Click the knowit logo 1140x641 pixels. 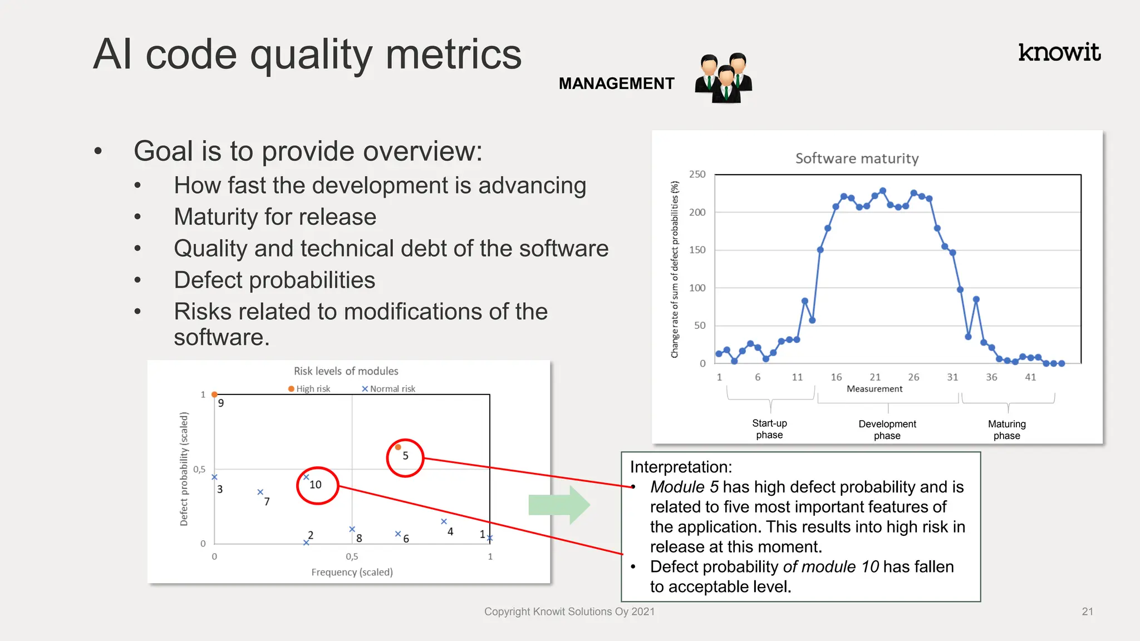[x=1059, y=52]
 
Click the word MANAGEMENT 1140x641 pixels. [x=616, y=83]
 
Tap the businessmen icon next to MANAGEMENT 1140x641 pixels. [x=724, y=78]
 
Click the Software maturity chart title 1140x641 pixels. [x=857, y=159]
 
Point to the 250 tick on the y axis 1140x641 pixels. [x=697, y=174]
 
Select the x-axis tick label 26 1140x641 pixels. [x=913, y=377]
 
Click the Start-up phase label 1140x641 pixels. [x=769, y=429]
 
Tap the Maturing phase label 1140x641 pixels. [x=1006, y=430]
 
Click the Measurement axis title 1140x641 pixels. [x=874, y=389]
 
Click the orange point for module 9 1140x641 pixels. [x=214, y=395]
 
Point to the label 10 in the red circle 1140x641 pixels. [x=316, y=485]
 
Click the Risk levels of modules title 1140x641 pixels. [x=346, y=371]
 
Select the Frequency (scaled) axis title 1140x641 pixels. [x=352, y=572]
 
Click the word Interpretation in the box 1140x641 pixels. [x=681, y=467]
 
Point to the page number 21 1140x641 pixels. [x=1087, y=612]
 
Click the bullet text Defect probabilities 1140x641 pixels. [x=274, y=280]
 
